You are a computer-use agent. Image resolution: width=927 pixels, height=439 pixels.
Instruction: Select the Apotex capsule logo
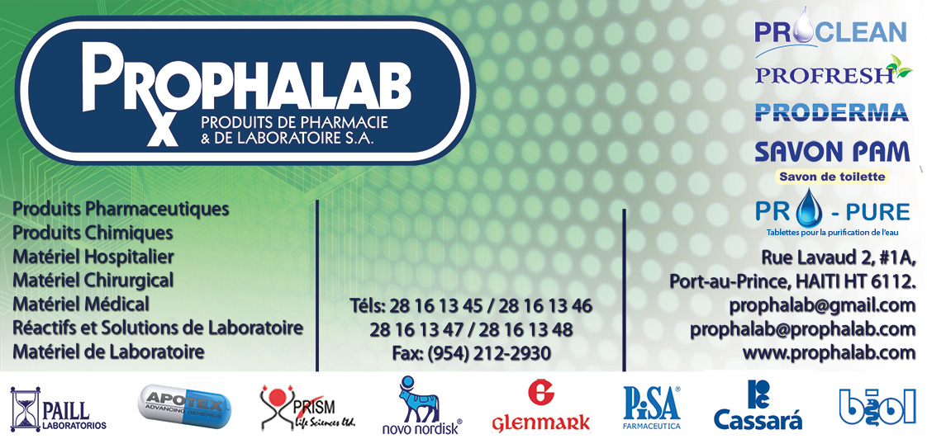click(185, 406)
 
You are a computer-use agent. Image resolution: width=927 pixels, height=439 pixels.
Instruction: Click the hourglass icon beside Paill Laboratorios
click(26, 408)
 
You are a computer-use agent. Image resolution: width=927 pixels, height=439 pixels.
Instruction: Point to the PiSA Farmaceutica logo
click(652, 407)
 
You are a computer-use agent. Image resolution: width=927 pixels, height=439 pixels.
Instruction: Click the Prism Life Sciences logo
click(298, 407)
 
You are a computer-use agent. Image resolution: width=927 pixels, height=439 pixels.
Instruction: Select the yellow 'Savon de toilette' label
click(832, 177)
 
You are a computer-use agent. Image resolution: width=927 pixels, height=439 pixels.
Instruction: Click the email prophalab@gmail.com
click(822, 305)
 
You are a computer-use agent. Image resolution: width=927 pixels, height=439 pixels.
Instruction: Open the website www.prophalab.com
click(829, 352)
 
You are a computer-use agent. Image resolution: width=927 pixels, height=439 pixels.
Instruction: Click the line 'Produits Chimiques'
click(93, 233)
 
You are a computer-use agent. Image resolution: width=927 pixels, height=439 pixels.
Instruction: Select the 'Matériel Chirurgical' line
click(93, 280)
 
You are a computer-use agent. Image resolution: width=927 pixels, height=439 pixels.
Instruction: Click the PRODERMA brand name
click(832, 111)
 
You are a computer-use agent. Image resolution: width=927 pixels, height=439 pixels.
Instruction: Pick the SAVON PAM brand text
click(832, 151)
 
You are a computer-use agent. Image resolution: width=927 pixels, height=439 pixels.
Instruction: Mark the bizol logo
click(877, 407)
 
